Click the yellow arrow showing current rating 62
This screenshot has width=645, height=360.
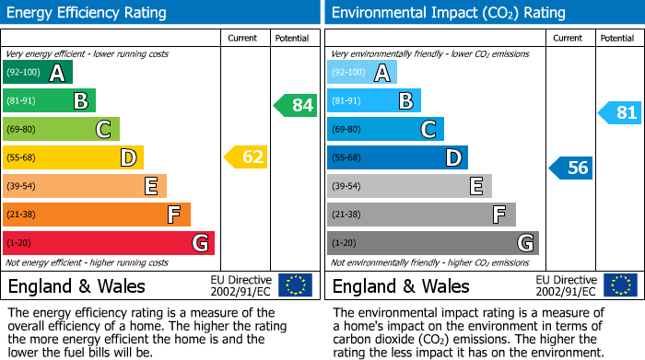click(x=246, y=157)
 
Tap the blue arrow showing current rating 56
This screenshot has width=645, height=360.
click(x=570, y=168)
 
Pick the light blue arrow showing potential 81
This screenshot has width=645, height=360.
click(x=619, y=113)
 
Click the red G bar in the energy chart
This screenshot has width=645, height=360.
click(x=109, y=243)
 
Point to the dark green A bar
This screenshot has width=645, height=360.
click(x=38, y=72)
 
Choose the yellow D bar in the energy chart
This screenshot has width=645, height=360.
click(x=74, y=157)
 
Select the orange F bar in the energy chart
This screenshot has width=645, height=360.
click(x=97, y=215)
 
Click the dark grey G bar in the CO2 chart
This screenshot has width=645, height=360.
click(x=433, y=243)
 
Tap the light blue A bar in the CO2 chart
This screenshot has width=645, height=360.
click(x=362, y=72)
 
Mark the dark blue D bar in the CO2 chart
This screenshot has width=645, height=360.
click(x=398, y=157)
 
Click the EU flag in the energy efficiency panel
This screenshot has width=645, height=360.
click(x=295, y=285)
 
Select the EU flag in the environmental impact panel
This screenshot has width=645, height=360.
click(x=619, y=285)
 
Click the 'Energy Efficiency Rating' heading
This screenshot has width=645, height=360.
click(x=88, y=13)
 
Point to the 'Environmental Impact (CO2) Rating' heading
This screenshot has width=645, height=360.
click(x=448, y=13)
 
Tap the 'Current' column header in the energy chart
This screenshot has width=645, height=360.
click(x=243, y=38)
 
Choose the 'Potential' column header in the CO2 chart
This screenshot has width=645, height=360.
click(x=617, y=38)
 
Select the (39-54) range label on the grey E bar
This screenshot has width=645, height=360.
click(x=346, y=186)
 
